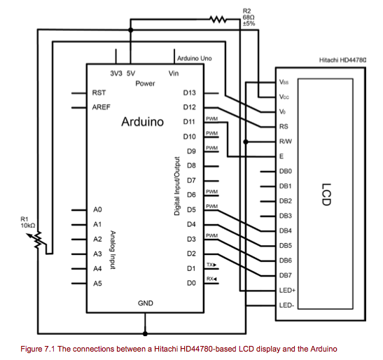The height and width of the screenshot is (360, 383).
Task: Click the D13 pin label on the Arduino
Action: coord(189,92)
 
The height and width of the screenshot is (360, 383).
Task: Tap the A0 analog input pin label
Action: coord(97,209)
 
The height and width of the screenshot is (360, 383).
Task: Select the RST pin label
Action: coord(99,92)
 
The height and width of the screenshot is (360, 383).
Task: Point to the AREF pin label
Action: coord(101,107)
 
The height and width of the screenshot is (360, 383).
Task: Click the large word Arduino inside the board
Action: coord(142,121)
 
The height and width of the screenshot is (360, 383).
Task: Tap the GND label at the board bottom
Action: coord(146,303)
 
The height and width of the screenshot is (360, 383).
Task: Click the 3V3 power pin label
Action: coord(117,73)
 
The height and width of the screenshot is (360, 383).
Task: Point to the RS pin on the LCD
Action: coord(284,127)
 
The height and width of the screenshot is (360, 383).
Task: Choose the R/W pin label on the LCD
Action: coord(285,141)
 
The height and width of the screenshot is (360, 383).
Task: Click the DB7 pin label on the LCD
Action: coord(285,275)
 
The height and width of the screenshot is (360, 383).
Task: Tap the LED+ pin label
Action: coord(287,290)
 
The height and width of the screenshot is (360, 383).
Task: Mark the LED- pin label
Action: coord(286,305)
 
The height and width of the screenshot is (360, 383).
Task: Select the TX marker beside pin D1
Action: coord(211,265)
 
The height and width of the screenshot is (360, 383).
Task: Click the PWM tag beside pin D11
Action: coord(212,119)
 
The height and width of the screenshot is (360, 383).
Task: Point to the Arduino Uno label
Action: coord(194,58)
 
